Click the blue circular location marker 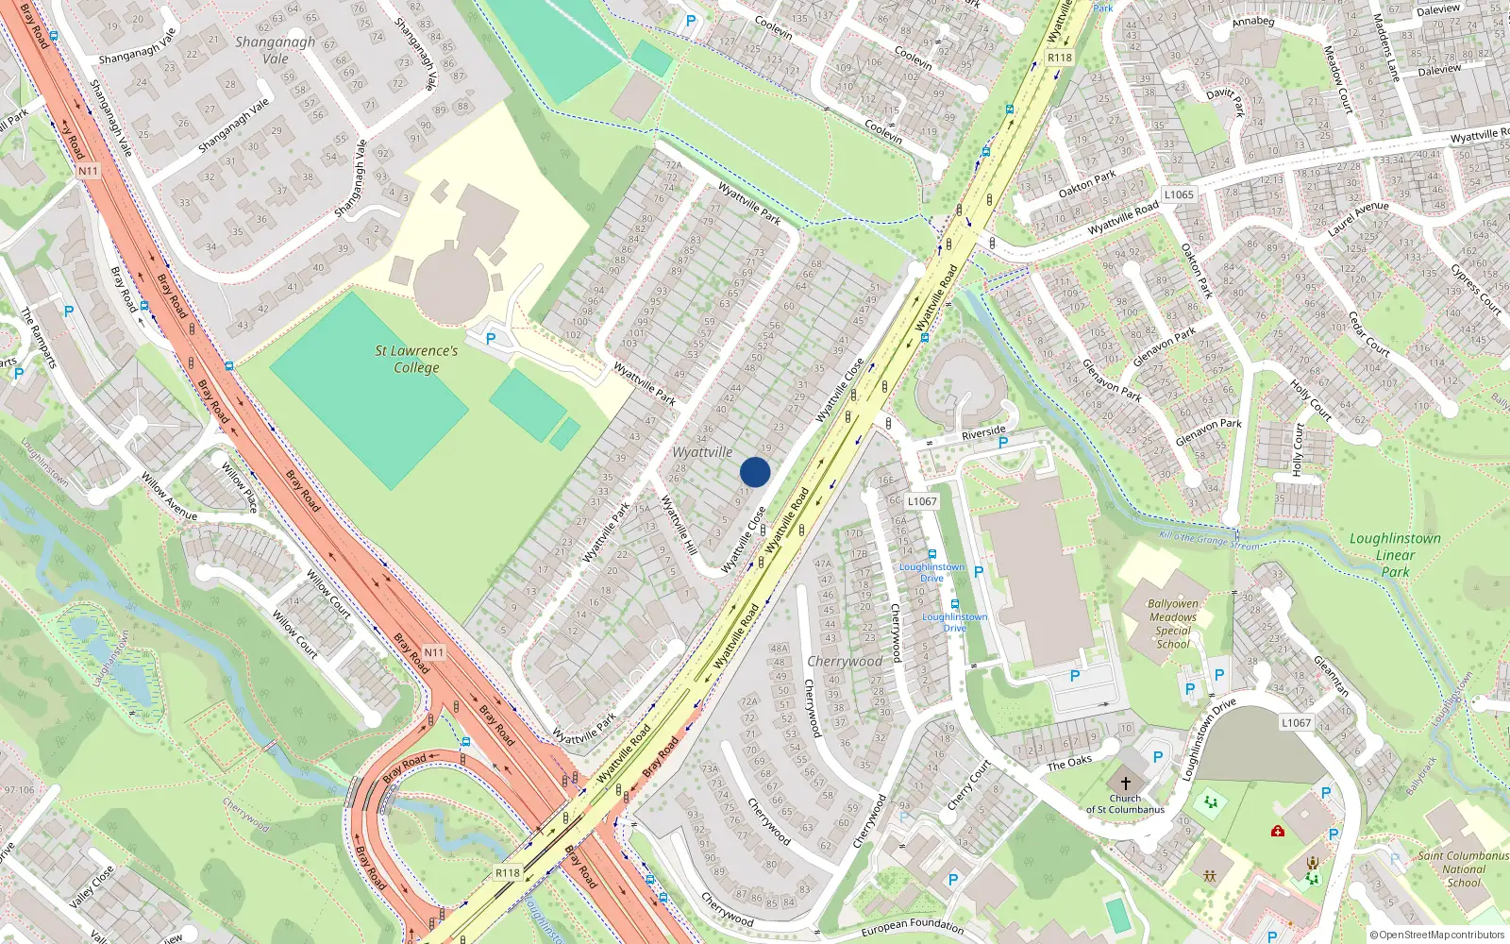point(755,472)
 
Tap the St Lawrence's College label point(416,359)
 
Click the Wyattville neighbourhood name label point(702,452)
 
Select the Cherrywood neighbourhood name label point(845,661)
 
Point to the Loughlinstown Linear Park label point(1395,554)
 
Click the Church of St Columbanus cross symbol point(1125,784)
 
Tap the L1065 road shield point(1179,194)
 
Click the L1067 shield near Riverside point(922,501)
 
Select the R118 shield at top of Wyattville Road point(1060,58)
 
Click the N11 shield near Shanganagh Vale point(88,171)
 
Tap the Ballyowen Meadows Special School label point(1173,624)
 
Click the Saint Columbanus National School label point(1464,869)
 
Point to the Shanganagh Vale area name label point(275,50)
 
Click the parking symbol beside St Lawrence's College point(490,339)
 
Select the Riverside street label point(983,433)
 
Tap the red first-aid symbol point(1277,832)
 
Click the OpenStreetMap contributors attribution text point(1436,936)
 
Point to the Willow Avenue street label point(169,497)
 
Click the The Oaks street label point(1068,763)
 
